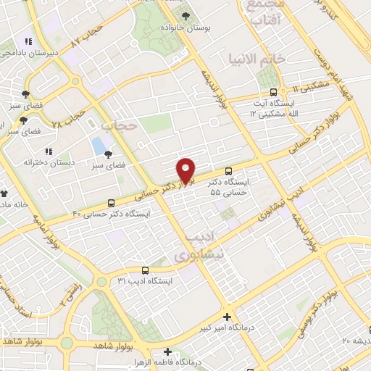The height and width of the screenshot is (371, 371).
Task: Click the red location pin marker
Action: click(x=186, y=170)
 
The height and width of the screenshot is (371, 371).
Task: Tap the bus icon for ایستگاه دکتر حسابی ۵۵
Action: click(x=229, y=172)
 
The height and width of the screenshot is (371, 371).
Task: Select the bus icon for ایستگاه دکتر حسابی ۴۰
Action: click(x=111, y=203)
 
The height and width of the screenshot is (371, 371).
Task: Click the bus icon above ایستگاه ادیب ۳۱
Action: click(x=146, y=269)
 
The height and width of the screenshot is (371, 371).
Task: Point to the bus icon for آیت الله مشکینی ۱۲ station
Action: click(x=273, y=92)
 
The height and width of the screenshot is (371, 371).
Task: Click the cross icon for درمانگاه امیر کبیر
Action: click(x=228, y=317)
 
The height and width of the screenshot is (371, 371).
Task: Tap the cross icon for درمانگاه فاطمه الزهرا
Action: click(x=167, y=351)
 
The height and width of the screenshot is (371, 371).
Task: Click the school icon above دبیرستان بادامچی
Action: click(x=28, y=41)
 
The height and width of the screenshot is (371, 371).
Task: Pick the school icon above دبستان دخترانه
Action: click(x=49, y=151)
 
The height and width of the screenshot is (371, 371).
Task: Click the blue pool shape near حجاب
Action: click(x=98, y=146)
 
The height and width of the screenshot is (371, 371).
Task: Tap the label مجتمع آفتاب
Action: click(x=264, y=13)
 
